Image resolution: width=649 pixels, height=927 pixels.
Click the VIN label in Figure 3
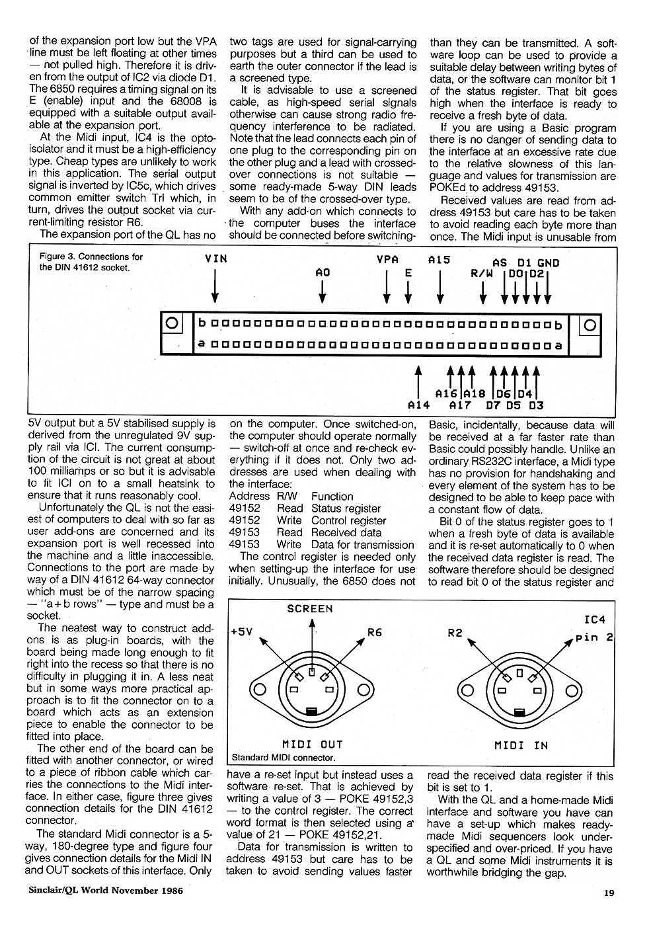point(216,259)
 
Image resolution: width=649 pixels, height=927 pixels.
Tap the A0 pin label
point(323,272)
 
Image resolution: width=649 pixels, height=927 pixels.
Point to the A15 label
point(439,260)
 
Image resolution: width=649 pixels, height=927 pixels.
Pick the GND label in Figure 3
point(549,262)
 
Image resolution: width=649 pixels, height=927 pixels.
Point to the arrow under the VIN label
point(216,288)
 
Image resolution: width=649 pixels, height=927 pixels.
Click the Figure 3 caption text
point(91,262)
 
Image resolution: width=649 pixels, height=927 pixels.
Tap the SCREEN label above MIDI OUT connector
point(310,608)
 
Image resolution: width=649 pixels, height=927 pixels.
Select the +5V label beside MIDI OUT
point(242,631)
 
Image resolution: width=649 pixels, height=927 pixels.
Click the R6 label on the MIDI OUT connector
point(375,632)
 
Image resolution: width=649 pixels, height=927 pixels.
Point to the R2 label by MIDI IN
point(455,633)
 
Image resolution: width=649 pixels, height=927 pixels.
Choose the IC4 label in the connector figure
point(595,620)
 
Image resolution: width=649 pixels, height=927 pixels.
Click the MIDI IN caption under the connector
point(521,745)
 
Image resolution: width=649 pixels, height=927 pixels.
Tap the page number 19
point(609,893)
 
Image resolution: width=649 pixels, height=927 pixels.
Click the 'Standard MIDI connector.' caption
point(284,758)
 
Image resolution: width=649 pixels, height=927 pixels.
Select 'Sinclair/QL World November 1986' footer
point(105,889)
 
